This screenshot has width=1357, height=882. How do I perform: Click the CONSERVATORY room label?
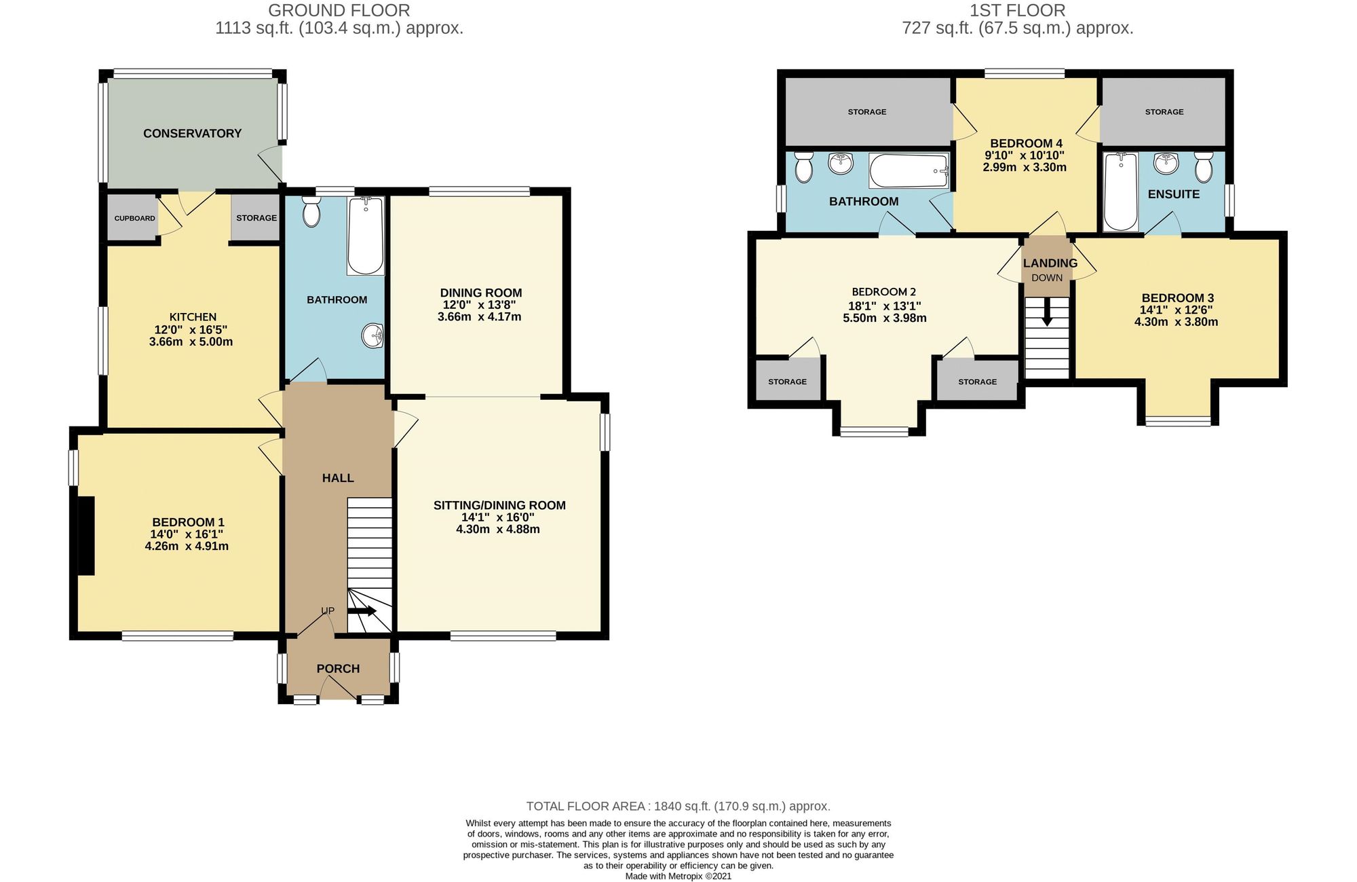pyautogui.click(x=192, y=133)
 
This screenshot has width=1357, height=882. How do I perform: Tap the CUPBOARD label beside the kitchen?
pyautogui.click(x=134, y=218)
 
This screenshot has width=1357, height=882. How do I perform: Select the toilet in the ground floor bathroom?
pyautogui.click(x=311, y=212)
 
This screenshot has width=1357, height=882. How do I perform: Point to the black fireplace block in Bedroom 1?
pyautogui.click(x=85, y=536)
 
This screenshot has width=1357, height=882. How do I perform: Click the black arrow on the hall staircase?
pyautogui.click(x=362, y=611)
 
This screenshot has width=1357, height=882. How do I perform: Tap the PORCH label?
pyautogui.click(x=338, y=669)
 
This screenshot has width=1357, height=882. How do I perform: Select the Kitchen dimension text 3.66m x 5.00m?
pyautogui.click(x=191, y=342)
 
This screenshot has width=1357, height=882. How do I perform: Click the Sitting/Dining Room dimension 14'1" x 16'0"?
pyautogui.click(x=498, y=517)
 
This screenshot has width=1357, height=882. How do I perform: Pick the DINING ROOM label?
pyautogui.click(x=481, y=293)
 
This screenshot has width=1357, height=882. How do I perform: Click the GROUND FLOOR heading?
pyautogui.click(x=339, y=10)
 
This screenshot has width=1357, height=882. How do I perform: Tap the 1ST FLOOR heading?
pyautogui.click(x=1018, y=10)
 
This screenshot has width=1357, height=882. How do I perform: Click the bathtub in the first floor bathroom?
pyautogui.click(x=909, y=170)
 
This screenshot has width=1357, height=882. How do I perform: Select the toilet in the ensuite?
pyautogui.click(x=1204, y=167)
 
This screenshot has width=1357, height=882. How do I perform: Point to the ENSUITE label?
pyautogui.click(x=1174, y=194)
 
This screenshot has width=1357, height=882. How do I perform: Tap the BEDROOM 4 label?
pyautogui.click(x=1026, y=143)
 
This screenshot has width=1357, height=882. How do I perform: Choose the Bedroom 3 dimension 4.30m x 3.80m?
pyautogui.click(x=1176, y=322)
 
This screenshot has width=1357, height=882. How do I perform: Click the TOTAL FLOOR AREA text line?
pyautogui.click(x=678, y=807)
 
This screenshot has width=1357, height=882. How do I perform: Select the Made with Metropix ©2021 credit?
pyautogui.click(x=678, y=876)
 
